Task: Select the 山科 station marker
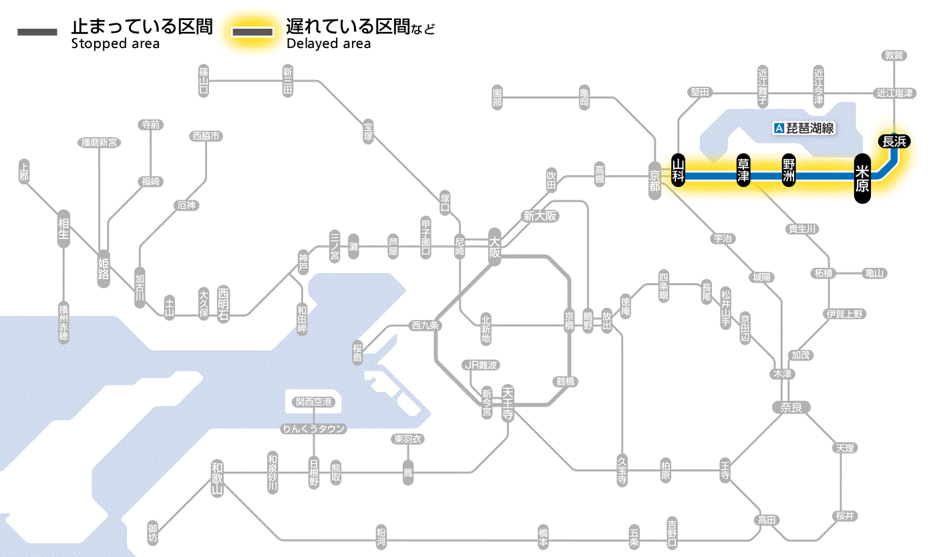(679, 171)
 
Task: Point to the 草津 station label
(743, 171)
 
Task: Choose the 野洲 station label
(789, 171)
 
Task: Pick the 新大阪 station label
(540, 216)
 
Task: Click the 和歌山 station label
(217, 478)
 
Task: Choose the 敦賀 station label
(894, 55)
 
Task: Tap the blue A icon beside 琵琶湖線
(778, 128)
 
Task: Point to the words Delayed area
(329, 44)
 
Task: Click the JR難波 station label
(481, 365)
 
